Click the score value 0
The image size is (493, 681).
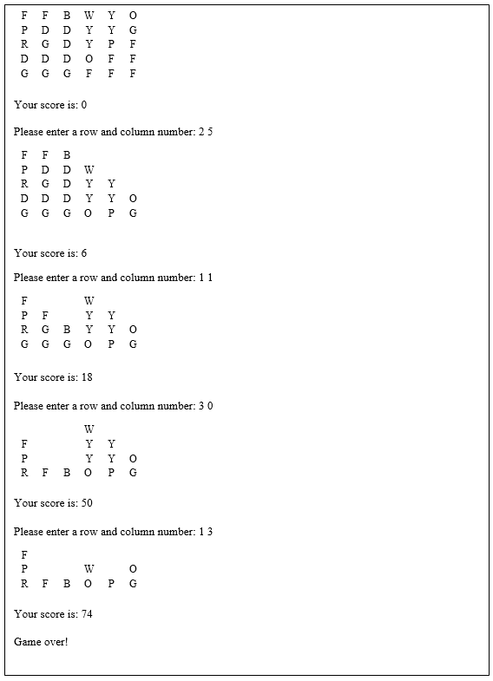(x=83, y=105)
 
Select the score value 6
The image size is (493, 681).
(x=83, y=253)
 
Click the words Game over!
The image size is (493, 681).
(x=41, y=642)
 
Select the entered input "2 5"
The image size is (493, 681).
(x=206, y=132)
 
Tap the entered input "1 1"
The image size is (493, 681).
(x=206, y=278)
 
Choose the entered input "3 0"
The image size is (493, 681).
(x=206, y=406)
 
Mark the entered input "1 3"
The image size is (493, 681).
(x=206, y=532)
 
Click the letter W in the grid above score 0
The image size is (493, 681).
(x=89, y=16)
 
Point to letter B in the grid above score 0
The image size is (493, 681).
(x=67, y=16)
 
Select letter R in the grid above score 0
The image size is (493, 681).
(x=24, y=44)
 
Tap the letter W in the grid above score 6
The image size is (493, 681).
(x=89, y=170)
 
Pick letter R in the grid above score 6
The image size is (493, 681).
(x=24, y=184)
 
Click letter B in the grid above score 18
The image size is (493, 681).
(x=67, y=330)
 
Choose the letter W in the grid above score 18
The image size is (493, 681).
(x=89, y=301)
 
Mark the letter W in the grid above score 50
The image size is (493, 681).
(x=89, y=429)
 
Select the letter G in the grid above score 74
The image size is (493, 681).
(x=133, y=584)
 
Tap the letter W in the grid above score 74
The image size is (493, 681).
(x=89, y=569)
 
